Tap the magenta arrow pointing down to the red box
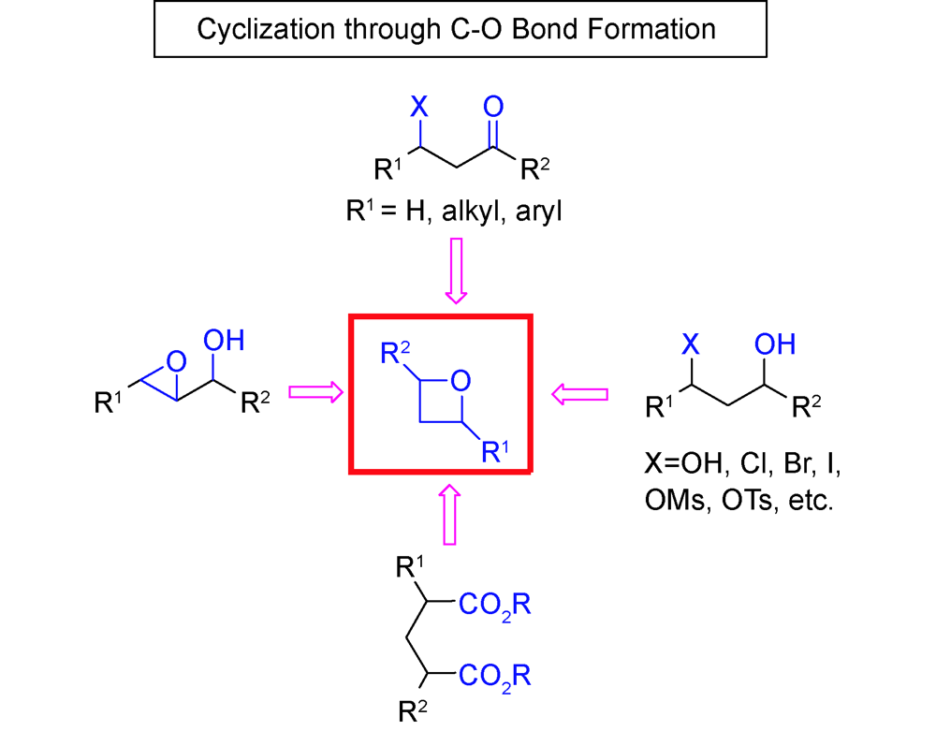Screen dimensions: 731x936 tap(455, 270)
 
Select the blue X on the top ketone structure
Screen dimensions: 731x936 tap(419, 101)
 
